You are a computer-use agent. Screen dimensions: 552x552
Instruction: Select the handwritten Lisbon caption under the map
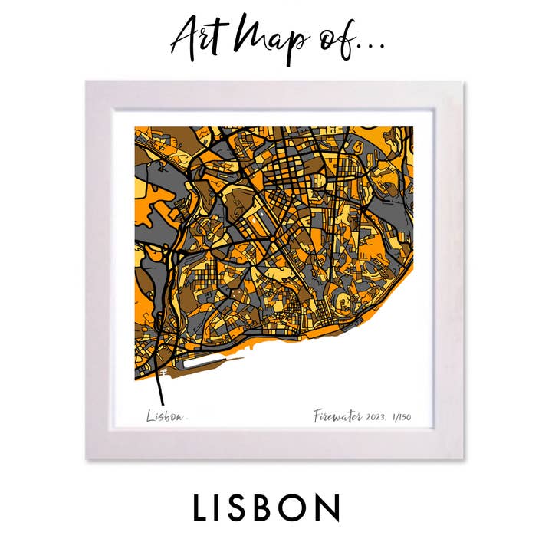coord(165,416)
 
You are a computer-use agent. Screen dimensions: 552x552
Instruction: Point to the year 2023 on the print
coord(376,416)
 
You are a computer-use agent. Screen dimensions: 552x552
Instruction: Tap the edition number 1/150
coord(400,416)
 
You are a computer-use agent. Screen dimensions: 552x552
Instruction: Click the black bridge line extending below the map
coord(161,391)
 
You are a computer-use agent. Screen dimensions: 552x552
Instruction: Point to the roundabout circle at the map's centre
coord(272,240)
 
